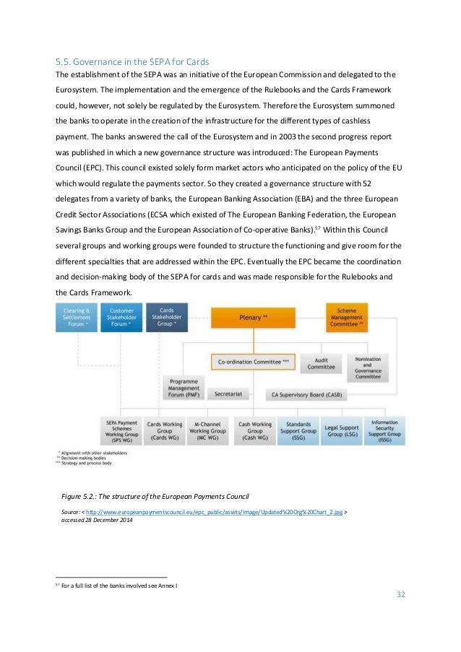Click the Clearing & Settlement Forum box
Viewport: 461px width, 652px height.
click(77, 317)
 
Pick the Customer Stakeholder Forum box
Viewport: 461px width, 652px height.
click(121, 317)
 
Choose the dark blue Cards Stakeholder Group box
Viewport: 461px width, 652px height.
click(166, 317)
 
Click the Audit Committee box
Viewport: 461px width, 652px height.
click(321, 363)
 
